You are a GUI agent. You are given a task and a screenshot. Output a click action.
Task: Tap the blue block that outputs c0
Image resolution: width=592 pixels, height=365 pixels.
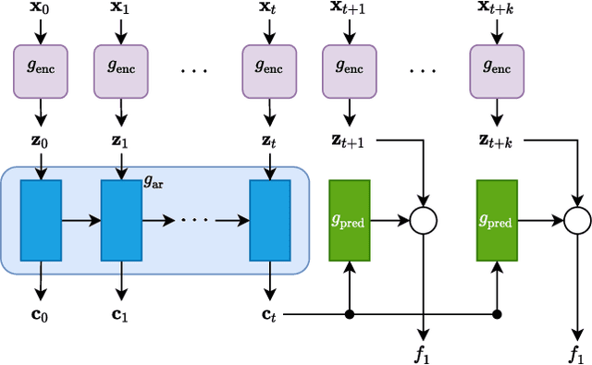pyautogui.click(x=40, y=220)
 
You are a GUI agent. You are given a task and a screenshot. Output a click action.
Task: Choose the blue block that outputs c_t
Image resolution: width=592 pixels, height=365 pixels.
pyautogui.click(x=269, y=220)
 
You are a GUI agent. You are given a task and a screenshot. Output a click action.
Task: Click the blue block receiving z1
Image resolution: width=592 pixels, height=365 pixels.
pyautogui.click(x=119, y=220)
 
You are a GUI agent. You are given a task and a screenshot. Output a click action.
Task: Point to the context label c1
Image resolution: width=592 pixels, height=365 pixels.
pyautogui.click(x=119, y=315)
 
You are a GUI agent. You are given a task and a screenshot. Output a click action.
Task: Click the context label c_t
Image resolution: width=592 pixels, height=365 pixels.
pyautogui.click(x=269, y=315)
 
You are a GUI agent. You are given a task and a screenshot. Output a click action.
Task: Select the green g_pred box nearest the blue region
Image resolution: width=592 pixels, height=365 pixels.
pyautogui.click(x=349, y=220)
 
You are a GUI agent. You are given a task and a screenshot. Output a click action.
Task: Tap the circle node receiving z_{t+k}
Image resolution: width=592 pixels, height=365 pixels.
pyautogui.click(x=576, y=220)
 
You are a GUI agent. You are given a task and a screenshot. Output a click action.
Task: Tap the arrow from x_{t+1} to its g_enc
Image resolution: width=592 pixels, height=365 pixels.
pyautogui.click(x=349, y=32)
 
